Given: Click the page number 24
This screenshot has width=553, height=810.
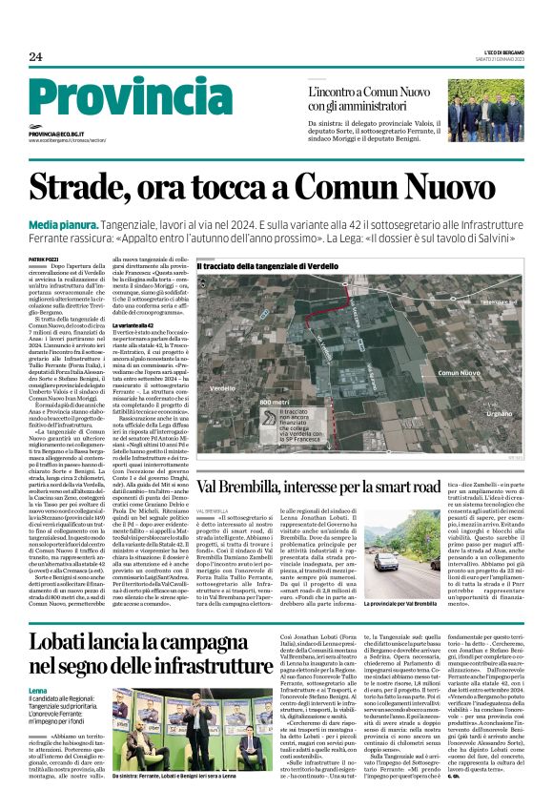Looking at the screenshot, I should (x=35, y=57).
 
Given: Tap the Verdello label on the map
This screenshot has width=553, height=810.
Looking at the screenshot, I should (x=222, y=388).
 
